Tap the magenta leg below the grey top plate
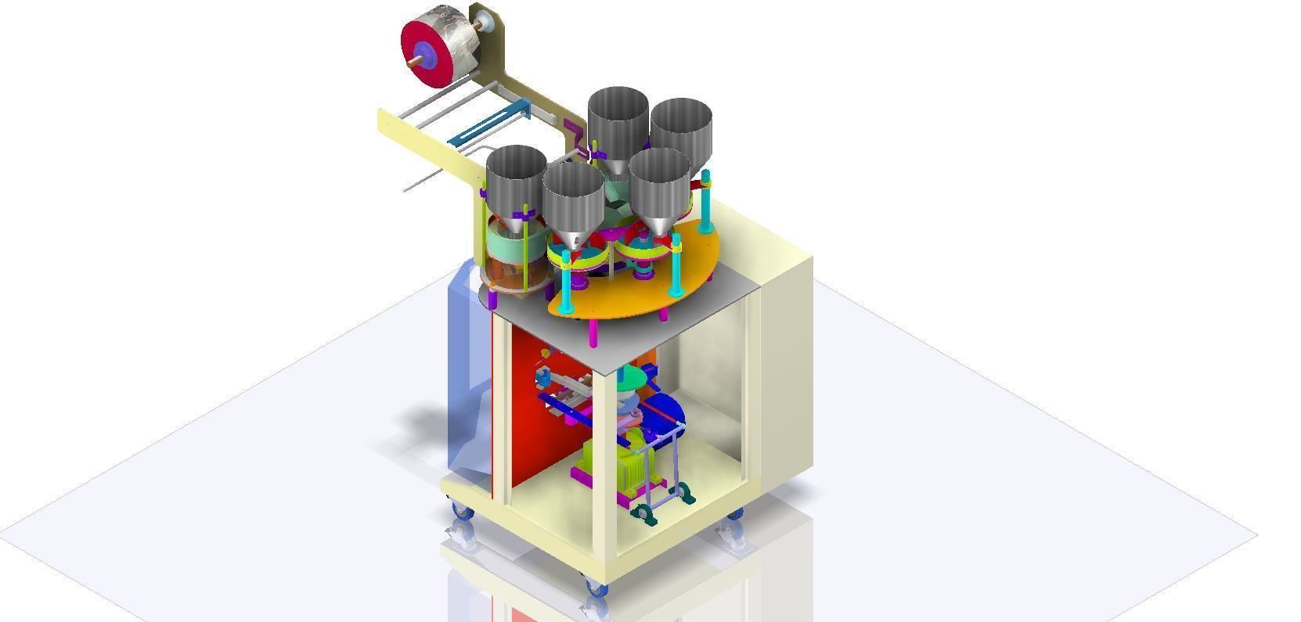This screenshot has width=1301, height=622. click(x=593, y=333)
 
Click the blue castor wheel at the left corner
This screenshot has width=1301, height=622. click(x=462, y=512)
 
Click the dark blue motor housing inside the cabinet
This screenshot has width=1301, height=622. click(x=665, y=415)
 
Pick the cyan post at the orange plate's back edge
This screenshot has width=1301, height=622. click(x=706, y=200)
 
